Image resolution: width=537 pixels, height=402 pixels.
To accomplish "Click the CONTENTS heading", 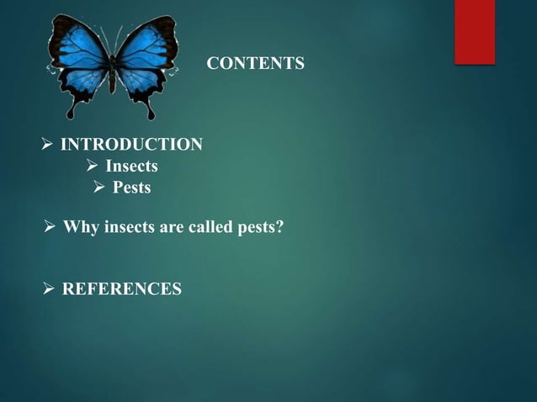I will (x=256, y=63).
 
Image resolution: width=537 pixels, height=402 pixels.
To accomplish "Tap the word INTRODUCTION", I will (x=132, y=145).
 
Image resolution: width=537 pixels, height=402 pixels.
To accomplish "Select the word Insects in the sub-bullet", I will (x=130, y=167).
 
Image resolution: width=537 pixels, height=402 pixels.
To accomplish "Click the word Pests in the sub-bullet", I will (x=132, y=188).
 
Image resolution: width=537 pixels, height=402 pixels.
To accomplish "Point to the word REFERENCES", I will (x=122, y=290).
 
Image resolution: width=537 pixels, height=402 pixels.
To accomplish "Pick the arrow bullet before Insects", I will (x=94, y=167).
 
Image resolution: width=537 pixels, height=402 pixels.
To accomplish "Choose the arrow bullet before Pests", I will (x=98, y=188).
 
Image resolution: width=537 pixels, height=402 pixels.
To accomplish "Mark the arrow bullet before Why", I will (x=50, y=226).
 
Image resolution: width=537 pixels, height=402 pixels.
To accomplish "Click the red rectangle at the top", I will (x=475, y=30).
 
